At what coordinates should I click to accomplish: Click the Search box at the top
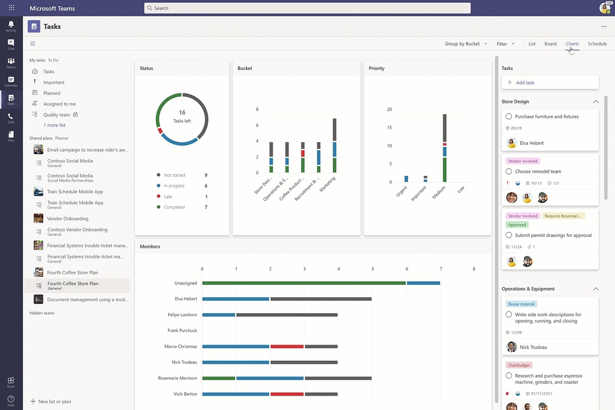[307, 8]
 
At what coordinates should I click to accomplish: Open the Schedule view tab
[597, 44]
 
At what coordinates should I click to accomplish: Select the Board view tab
[550, 44]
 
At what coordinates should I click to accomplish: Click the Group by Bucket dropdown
[466, 44]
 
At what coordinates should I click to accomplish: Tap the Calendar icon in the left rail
[11, 81]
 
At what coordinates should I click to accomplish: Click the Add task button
[550, 83]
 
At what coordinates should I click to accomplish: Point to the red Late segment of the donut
[160, 131]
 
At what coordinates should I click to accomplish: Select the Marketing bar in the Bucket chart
[334, 146]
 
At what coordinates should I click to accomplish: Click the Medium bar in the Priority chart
[444, 148]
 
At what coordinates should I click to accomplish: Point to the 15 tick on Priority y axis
[389, 128]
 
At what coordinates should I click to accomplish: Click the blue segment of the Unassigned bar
[423, 283]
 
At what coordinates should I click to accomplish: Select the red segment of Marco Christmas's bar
[287, 346]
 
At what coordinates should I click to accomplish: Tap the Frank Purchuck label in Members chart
[182, 331]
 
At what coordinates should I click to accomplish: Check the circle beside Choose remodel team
[509, 171]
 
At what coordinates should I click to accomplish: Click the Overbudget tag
[519, 365]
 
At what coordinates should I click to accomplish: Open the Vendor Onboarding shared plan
[68, 219]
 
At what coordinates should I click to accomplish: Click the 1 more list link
[54, 125]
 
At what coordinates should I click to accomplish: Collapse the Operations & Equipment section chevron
[596, 289]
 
